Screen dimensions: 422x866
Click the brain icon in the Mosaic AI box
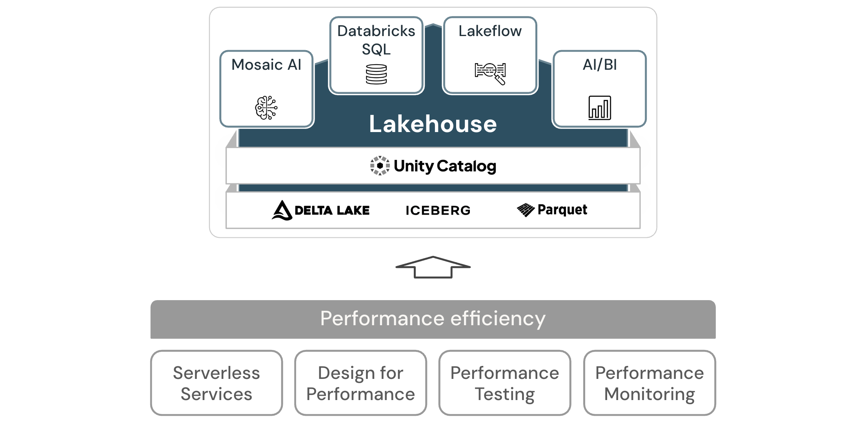pyautogui.click(x=266, y=107)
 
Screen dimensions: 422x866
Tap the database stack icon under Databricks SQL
pyautogui.click(x=376, y=74)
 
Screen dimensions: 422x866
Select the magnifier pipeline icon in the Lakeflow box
pyautogui.click(x=490, y=73)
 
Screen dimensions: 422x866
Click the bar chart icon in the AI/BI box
pyautogui.click(x=599, y=108)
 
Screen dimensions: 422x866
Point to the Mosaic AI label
pyautogui.click(x=266, y=65)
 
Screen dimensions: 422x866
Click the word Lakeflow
pyautogui.click(x=490, y=31)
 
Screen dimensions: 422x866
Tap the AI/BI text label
pyautogui.click(x=599, y=65)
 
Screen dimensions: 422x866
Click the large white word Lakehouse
pyautogui.click(x=433, y=124)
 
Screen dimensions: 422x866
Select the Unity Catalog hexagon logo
pyautogui.click(x=380, y=166)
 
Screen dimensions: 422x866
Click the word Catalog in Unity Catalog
pyautogui.click(x=466, y=166)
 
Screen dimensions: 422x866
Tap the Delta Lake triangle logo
pyautogui.click(x=282, y=210)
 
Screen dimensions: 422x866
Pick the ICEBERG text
pyautogui.click(x=438, y=210)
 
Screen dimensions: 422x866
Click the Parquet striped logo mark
pyautogui.click(x=526, y=210)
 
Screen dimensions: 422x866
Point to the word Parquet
pyautogui.click(x=562, y=210)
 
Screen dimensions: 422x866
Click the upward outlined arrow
pyautogui.click(x=433, y=267)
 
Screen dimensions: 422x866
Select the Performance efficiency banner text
pyautogui.click(x=433, y=319)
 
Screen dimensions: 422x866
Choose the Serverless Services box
pyautogui.click(x=216, y=383)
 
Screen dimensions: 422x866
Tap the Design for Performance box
pyautogui.click(x=360, y=383)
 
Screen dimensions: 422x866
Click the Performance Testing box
pyautogui.click(x=505, y=383)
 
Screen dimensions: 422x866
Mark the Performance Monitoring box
pyautogui.click(x=649, y=383)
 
